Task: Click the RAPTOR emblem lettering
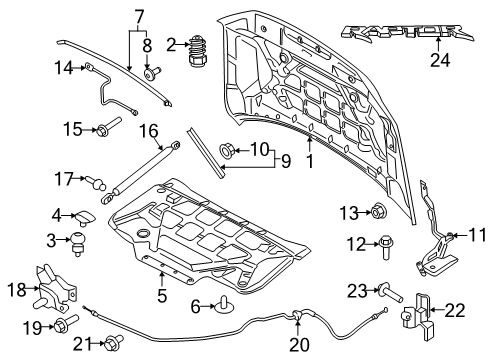(407, 33)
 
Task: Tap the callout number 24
(440, 60)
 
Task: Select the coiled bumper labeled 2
(198, 51)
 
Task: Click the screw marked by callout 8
(152, 72)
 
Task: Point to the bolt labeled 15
(108, 126)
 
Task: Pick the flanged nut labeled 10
(228, 151)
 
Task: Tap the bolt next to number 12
(386, 247)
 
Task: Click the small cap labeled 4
(86, 217)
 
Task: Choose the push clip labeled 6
(225, 305)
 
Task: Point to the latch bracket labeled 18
(55, 289)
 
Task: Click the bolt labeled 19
(66, 324)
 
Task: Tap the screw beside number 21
(114, 343)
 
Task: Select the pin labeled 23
(390, 292)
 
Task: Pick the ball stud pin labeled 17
(96, 182)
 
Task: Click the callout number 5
(162, 295)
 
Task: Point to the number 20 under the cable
(299, 344)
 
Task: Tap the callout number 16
(148, 131)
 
